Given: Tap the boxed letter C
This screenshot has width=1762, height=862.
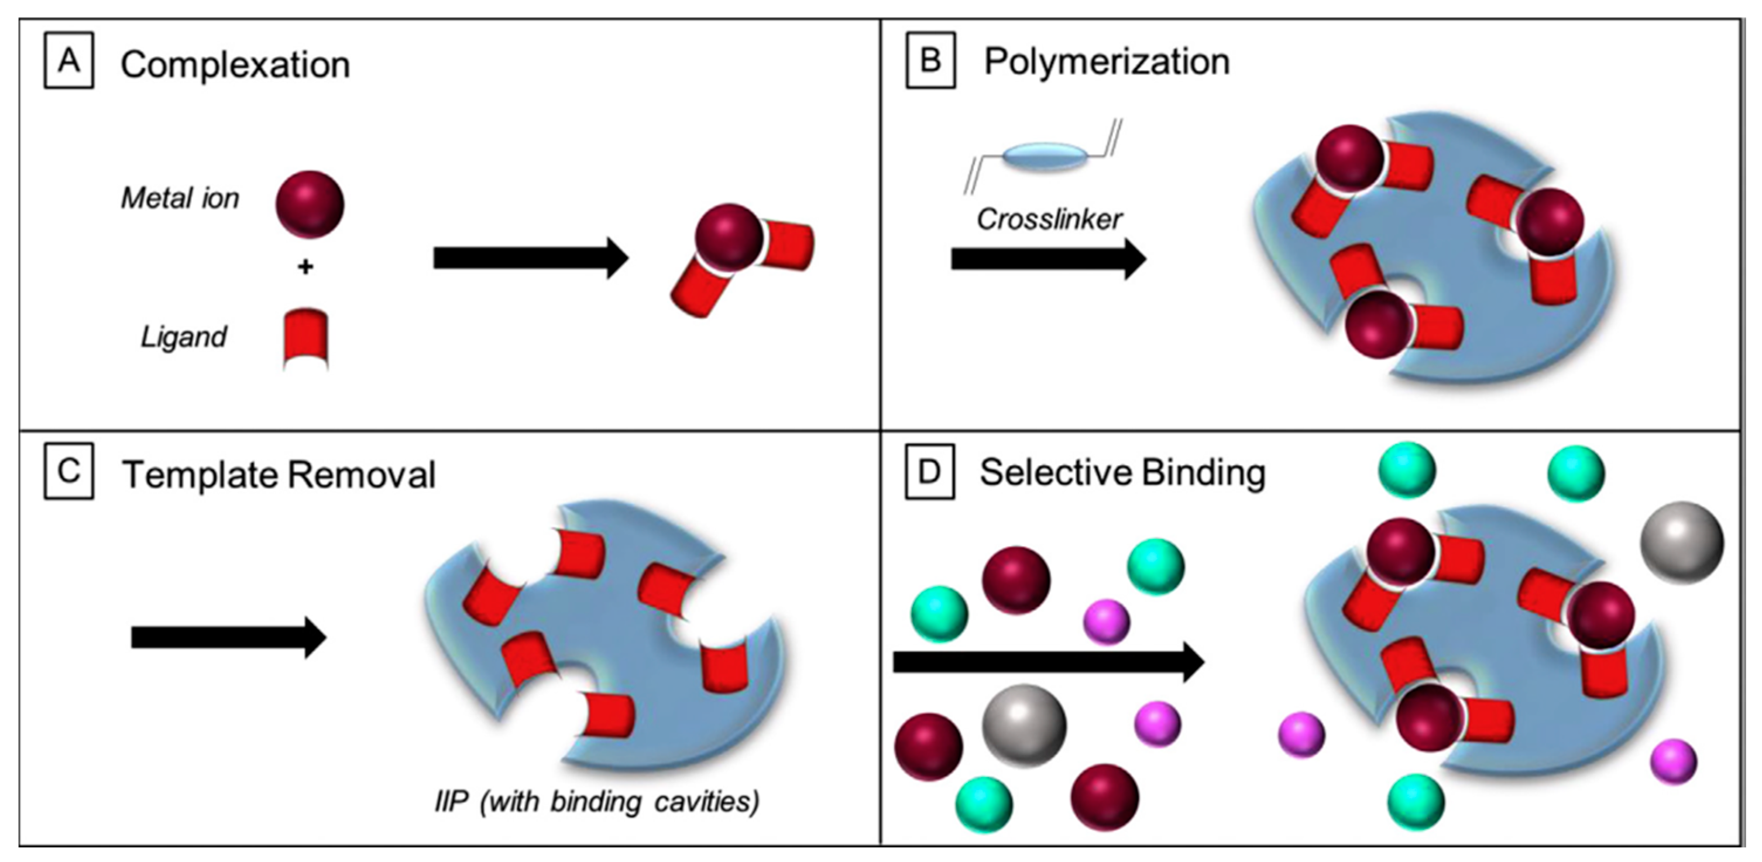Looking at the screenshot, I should pyautogui.click(x=68, y=473).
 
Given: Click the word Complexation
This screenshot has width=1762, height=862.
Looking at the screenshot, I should pyautogui.click(x=235, y=66).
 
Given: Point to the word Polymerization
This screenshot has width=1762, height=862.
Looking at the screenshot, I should pyautogui.click(x=1106, y=62).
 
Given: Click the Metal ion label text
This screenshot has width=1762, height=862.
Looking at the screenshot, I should pyautogui.click(x=180, y=198).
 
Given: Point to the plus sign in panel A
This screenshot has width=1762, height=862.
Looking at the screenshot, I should pyautogui.click(x=305, y=267).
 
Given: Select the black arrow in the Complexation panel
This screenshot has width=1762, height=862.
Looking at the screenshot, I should pyautogui.click(x=530, y=258).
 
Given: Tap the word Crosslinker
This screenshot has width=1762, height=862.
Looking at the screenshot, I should pyautogui.click(x=1049, y=219).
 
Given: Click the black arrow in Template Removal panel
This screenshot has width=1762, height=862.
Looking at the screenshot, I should pyautogui.click(x=228, y=638).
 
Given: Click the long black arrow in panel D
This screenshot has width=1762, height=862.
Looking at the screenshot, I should pyautogui.click(x=1048, y=661).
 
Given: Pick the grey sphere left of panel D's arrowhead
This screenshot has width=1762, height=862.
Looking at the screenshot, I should pyautogui.click(x=1024, y=725).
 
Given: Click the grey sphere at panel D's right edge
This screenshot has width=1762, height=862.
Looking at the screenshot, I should pyautogui.click(x=1682, y=543).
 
